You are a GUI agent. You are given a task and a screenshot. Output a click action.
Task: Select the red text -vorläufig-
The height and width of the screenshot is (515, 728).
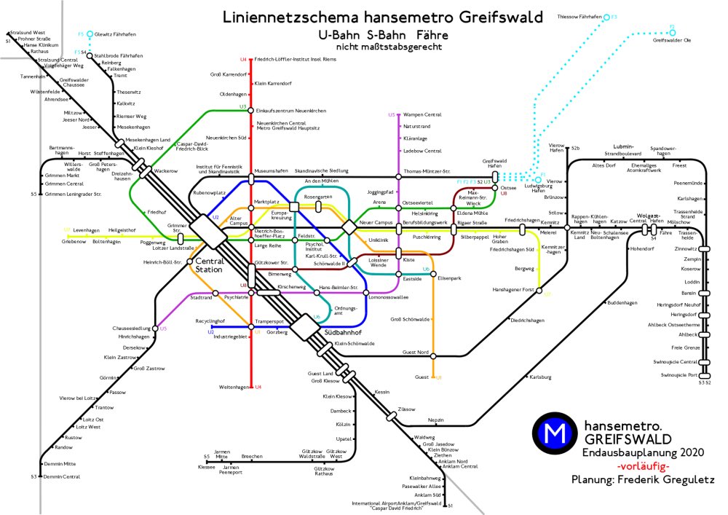point(642,466)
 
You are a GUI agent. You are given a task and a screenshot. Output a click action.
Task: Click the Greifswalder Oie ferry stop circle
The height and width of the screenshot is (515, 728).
point(672,32)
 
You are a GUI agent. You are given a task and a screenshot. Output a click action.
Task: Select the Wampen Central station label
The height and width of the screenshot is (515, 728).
point(422,114)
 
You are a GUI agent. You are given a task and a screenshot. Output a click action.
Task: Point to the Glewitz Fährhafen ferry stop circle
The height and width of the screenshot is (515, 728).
point(89,34)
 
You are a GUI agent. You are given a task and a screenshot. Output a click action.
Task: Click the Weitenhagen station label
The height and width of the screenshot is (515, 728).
point(234,386)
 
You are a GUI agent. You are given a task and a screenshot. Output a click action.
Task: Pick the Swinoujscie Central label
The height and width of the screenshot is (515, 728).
point(679,362)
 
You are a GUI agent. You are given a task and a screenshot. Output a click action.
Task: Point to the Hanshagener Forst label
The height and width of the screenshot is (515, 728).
point(513,290)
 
